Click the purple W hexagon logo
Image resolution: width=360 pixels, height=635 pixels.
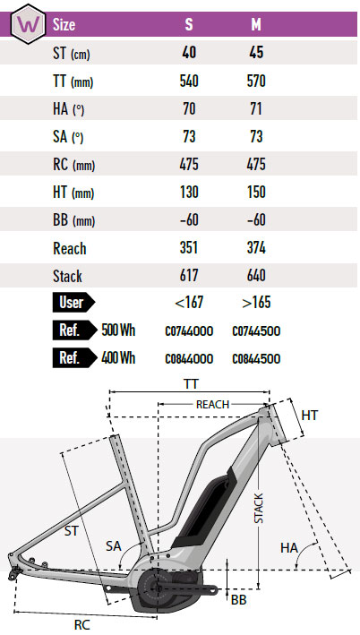[28, 23]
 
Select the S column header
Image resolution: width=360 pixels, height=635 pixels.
[189, 25]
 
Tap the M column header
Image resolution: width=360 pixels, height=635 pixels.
[256, 25]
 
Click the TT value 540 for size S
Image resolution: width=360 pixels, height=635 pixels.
[189, 81]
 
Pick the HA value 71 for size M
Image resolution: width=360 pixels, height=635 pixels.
[256, 109]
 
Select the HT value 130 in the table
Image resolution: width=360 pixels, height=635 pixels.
[189, 192]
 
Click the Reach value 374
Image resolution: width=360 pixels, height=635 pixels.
[256, 247]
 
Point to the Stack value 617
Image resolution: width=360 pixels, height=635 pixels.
[189, 275]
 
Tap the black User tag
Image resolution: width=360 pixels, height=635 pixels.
[73, 303]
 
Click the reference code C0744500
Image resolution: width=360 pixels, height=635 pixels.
[256, 331]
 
